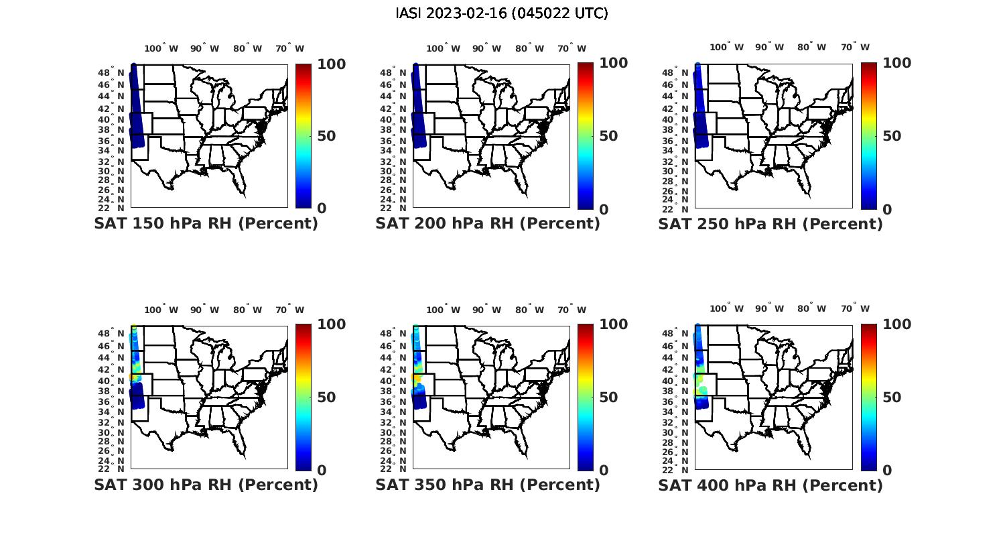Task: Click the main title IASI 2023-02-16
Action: tap(501, 13)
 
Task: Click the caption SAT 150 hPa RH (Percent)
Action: tap(206, 223)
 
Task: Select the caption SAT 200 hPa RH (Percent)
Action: tap(488, 223)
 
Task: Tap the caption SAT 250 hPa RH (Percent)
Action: tap(770, 223)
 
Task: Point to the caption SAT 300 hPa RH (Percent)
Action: tap(206, 484)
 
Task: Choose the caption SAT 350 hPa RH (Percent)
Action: tap(488, 484)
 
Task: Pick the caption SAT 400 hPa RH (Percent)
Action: tap(770, 484)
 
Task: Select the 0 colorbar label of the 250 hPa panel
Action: tap(887, 209)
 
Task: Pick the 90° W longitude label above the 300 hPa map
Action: tap(204, 310)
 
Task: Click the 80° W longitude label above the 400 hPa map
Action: tap(811, 308)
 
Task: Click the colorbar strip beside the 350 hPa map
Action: tap(585, 397)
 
